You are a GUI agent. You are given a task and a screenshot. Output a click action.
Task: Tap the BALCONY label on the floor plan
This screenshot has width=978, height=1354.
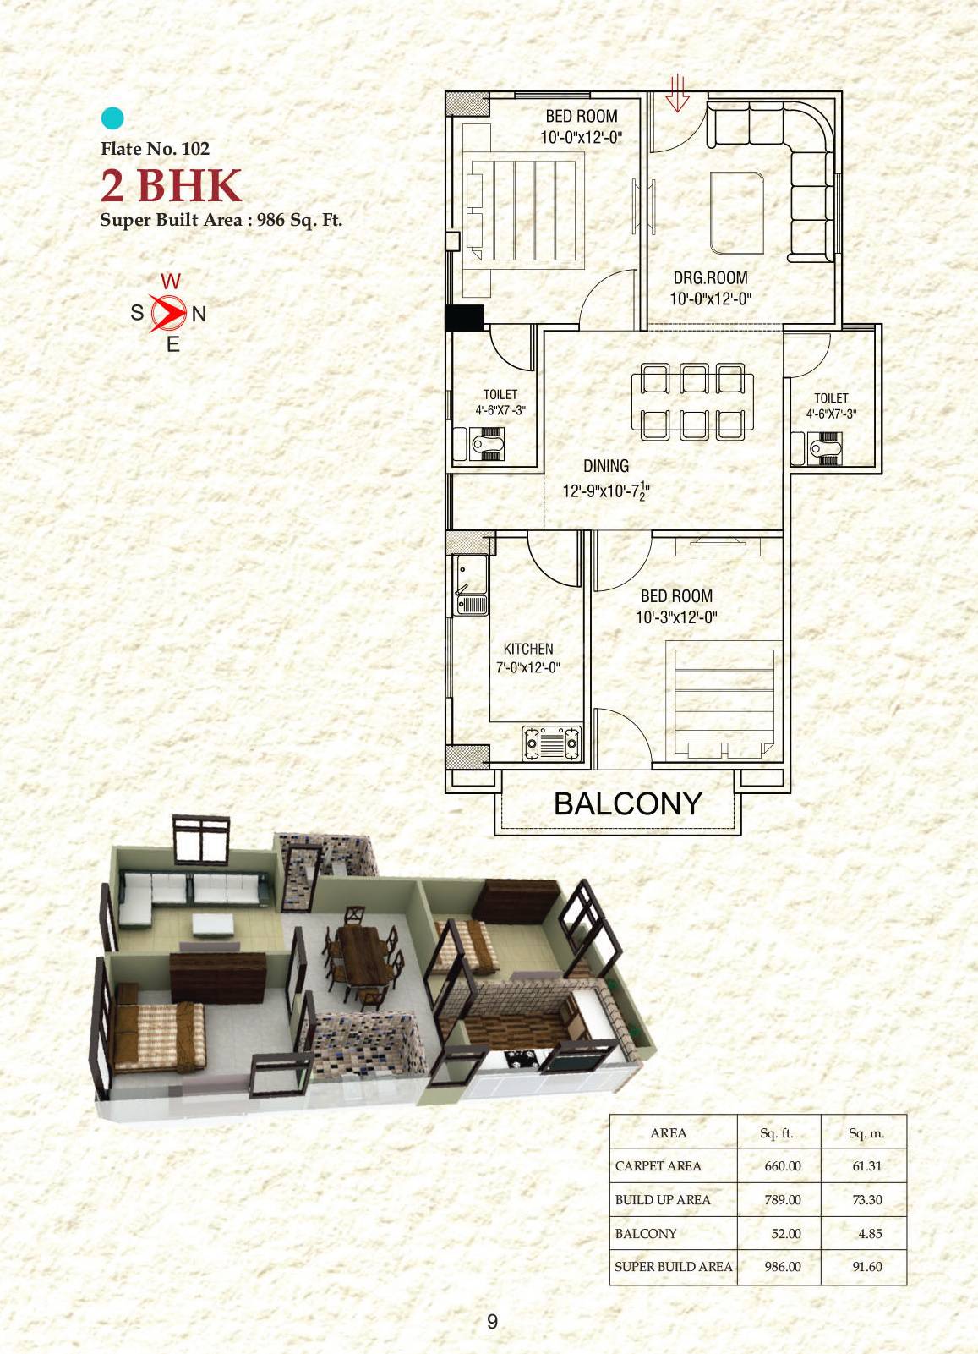pos(627,803)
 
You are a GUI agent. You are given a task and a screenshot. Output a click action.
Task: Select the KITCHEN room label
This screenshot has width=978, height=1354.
pos(528,649)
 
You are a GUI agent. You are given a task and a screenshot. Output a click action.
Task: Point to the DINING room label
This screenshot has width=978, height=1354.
pos(606,466)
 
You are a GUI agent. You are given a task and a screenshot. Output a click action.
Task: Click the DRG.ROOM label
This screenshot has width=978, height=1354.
pos(710,277)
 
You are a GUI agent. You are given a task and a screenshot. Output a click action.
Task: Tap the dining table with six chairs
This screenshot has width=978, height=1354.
pos(693,402)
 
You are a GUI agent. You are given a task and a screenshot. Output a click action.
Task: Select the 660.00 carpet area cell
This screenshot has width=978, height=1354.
pos(782,1165)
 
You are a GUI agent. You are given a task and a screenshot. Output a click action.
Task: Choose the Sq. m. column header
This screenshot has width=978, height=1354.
pos(866,1133)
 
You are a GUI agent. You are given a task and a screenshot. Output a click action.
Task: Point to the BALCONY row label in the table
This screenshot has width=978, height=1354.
pos(646,1233)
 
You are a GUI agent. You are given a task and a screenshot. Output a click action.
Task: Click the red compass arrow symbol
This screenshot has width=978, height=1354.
pos(168,313)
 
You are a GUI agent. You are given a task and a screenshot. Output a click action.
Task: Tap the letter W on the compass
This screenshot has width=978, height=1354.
pos(170,282)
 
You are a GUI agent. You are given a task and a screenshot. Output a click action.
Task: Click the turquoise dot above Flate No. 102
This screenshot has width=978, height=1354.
pos(112,118)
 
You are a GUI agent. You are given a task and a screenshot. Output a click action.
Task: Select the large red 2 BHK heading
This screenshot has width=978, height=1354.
pos(172,186)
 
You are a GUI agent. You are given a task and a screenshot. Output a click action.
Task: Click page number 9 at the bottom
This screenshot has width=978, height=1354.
pos(492,1321)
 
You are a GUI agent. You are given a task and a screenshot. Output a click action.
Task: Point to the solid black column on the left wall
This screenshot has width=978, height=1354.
pos(464,317)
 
